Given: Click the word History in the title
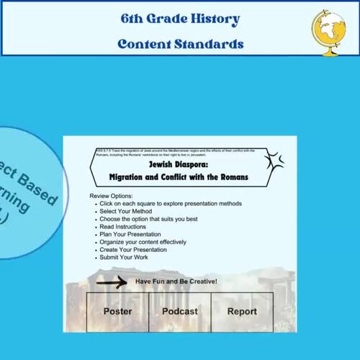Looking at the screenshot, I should click(212, 19).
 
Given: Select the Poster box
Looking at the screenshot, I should click(117, 311).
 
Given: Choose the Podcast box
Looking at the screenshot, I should click(179, 311).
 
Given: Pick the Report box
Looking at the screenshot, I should click(242, 311).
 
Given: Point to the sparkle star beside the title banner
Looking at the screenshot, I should click(275, 162).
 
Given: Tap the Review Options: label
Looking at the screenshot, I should click(113, 196).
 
